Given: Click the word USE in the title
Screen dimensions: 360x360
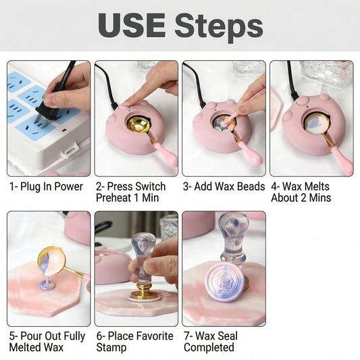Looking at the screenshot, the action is point(132,26).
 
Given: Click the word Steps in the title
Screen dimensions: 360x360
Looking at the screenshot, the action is point(219,28).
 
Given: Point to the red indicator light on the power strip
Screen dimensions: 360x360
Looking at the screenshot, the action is point(64,130).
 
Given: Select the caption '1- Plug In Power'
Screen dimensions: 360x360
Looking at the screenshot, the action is point(46,186).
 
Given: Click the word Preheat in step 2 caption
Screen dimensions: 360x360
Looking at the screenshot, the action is point(117,198).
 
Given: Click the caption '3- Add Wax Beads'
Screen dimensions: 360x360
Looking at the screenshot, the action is point(224,186).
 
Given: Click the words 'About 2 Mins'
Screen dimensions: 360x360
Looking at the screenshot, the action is point(301,198).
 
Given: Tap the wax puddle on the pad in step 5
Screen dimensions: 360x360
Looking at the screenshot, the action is point(48,286).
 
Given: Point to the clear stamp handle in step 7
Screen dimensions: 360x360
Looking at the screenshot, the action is point(232,236).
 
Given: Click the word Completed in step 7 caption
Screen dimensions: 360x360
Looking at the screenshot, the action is point(209,347).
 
